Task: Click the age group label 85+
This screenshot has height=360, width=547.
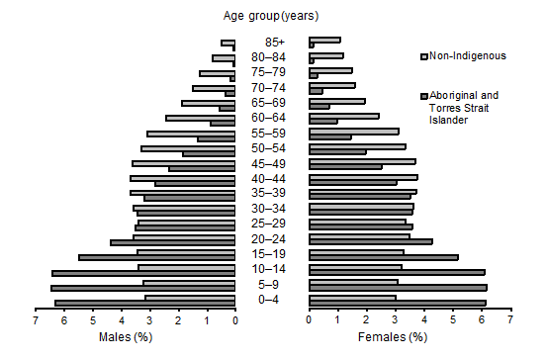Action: (x=274, y=43)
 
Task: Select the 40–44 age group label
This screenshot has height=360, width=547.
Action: (x=274, y=178)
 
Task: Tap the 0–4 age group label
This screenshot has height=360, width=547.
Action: (x=274, y=300)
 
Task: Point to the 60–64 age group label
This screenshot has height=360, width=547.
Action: (x=274, y=118)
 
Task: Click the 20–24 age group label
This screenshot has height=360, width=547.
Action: (x=274, y=238)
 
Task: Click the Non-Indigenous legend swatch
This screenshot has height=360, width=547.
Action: (x=424, y=56)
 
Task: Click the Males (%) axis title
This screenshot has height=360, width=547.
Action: (x=126, y=337)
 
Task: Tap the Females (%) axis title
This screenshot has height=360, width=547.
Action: (x=395, y=337)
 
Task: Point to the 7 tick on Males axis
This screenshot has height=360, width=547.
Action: (x=36, y=320)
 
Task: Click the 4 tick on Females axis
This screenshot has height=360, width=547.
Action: (x=424, y=320)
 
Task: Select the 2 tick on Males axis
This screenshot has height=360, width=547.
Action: (x=179, y=320)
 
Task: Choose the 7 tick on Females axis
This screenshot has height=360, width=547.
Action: (x=510, y=320)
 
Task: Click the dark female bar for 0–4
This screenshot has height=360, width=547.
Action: (x=398, y=303)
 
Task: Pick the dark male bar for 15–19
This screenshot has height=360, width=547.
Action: (x=156, y=257)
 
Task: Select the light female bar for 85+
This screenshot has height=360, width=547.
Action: (x=324, y=41)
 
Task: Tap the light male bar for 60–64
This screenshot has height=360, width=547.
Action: (x=200, y=118)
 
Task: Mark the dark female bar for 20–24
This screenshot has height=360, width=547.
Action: (x=371, y=242)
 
